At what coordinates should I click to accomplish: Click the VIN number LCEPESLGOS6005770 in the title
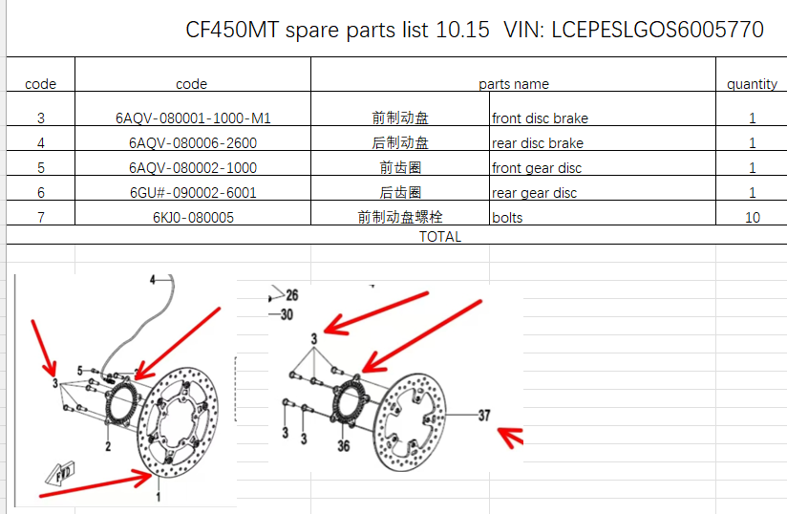(657, 30)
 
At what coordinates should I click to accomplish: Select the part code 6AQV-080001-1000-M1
(193, 118)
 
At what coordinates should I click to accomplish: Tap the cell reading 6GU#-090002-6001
(193, 193)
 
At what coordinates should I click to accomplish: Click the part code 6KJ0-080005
(193, 217)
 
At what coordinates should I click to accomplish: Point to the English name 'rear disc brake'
(538, 143)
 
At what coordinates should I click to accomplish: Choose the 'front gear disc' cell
(537, 168)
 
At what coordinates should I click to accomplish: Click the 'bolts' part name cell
(507, 218)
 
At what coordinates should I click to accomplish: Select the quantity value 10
(753, 217)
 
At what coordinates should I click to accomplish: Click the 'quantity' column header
(752, 84)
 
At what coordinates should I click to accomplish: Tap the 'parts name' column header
(514, 84)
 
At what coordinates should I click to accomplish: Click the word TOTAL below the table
(440, 236)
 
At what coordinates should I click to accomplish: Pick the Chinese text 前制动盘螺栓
(400, 217)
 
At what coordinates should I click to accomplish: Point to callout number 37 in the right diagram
(484, 416)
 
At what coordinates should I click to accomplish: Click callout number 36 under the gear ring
(343, 446)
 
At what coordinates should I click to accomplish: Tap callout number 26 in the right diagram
(292, 295)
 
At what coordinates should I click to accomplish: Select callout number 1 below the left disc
(159, 497)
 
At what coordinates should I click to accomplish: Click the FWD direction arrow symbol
(60, 473)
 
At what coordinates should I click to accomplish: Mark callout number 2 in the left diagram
(108, 446)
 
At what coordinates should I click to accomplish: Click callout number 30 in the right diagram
(287, 314)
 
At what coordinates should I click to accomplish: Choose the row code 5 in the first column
(41, 168)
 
